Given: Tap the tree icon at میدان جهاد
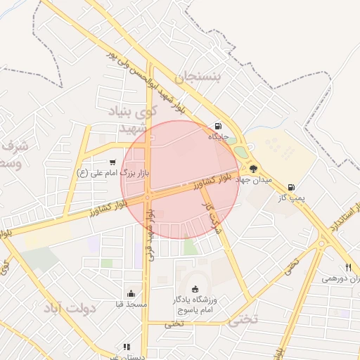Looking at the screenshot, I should click(253, 168).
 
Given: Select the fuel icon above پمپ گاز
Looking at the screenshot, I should click(291, 188).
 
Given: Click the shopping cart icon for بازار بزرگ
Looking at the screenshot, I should click(112, 162).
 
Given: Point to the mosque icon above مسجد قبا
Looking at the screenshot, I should click(131, 294).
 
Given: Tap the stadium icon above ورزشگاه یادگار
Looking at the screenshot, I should click(195, 289).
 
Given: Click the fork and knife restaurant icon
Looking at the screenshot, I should click(347, 267).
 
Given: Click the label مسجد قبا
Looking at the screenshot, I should click(131, 304).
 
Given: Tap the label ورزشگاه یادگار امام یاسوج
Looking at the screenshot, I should click(195, 304).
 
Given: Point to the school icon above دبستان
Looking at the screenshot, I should click(127, 346).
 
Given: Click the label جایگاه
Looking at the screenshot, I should click(218, 136).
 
